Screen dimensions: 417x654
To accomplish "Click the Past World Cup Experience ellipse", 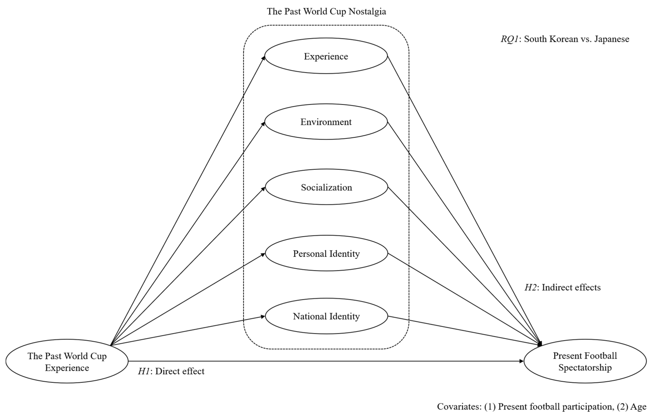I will tap(67, 361).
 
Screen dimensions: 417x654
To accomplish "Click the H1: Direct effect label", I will tap(171, 371).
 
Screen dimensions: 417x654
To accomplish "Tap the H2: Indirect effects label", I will tap(562, 287).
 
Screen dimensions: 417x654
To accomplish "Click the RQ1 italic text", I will tap(509, 39).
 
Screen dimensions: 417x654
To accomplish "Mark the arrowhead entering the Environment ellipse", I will tap(263, 124).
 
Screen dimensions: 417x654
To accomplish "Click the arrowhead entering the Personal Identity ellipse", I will tap(263, 254).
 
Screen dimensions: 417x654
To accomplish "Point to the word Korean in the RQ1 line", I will tap(564, 39).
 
